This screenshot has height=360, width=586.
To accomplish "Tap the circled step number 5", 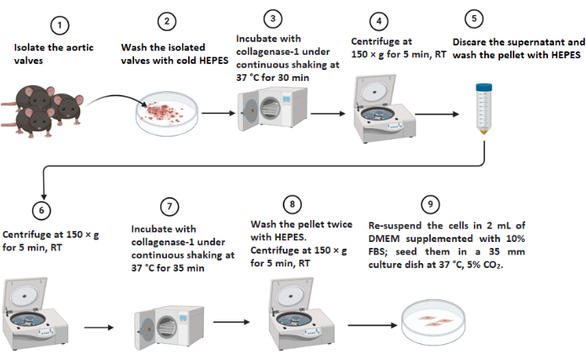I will point(475,19).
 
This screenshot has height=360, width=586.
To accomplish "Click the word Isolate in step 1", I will point(28,46).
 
